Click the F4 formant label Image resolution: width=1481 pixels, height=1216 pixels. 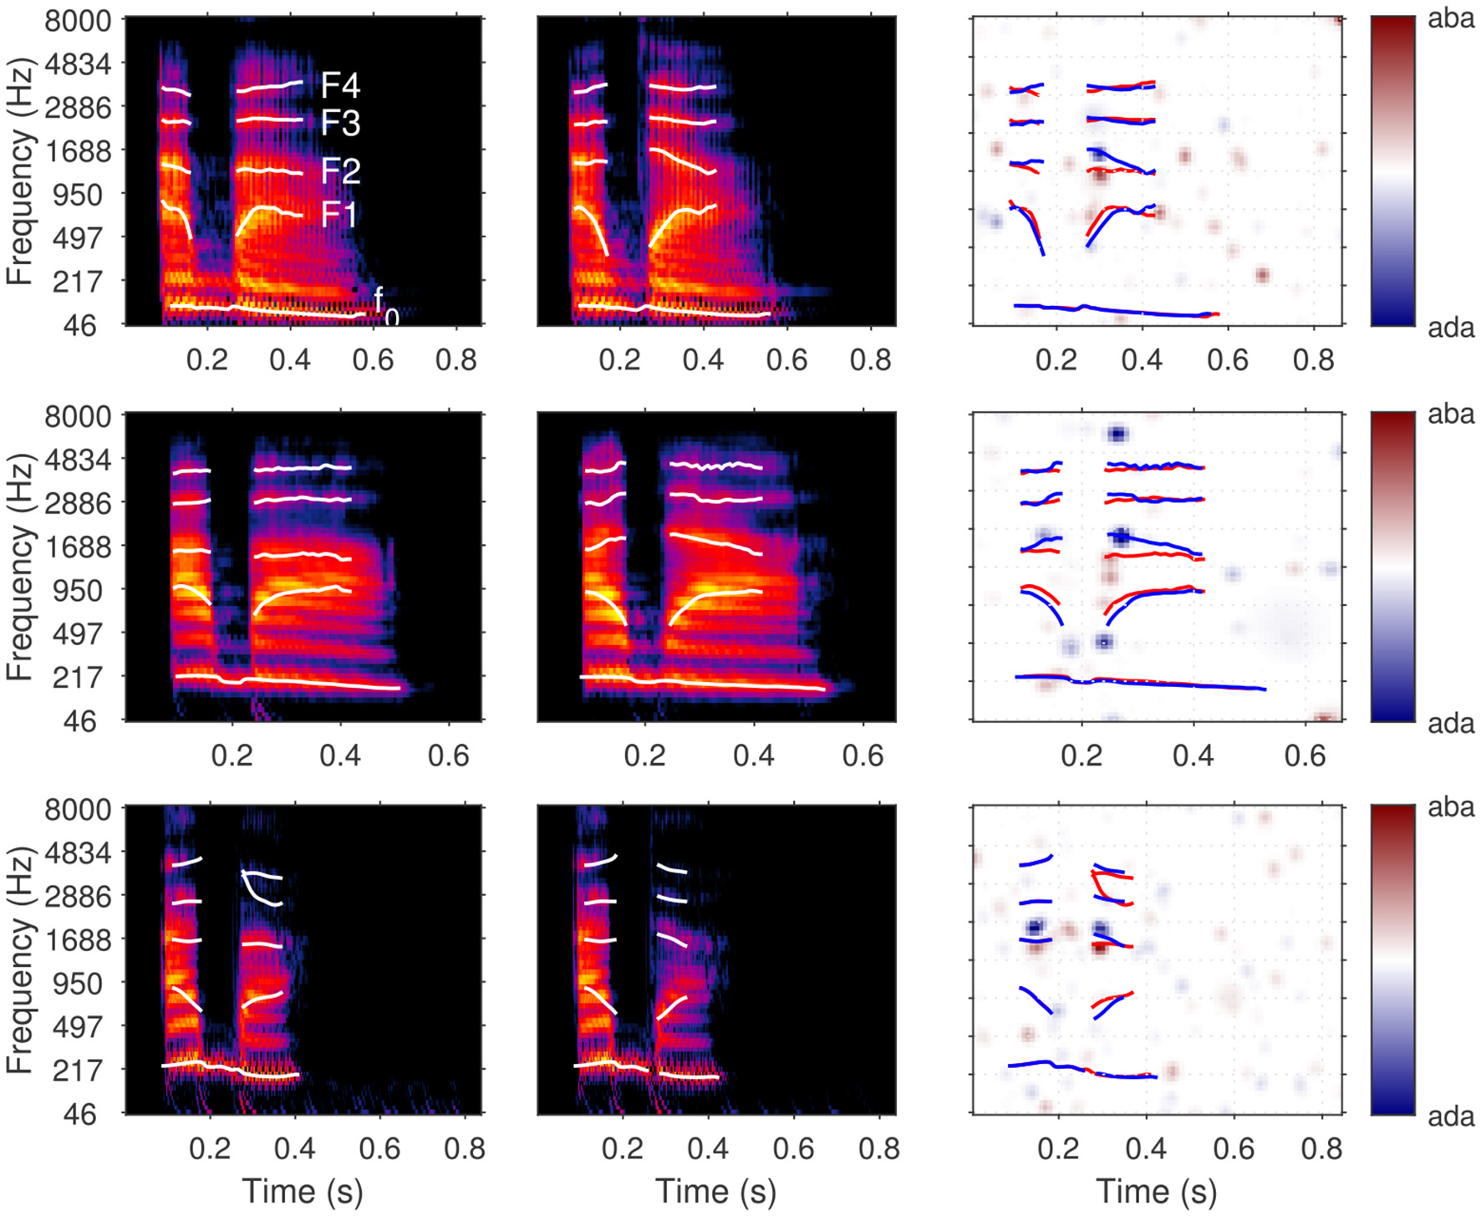click(x=340, y=84)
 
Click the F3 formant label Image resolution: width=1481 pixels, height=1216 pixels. click(x=340, y=124)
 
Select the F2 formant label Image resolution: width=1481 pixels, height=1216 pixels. click(x=340, y=171)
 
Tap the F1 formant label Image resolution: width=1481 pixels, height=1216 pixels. click(x=338, y=215)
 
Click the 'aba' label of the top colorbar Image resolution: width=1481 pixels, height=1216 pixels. click(x=1451, y=18)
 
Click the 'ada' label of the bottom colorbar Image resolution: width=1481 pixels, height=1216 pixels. click(x=1451, y=1117)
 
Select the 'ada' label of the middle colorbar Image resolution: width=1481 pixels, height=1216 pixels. click(x=1451, y=723)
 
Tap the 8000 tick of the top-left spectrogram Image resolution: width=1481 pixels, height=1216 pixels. click(x=78, y=20)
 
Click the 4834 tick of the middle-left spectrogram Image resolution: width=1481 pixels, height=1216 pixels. click(x=78, y=460)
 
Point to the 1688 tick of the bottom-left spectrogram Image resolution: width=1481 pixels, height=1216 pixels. click(x=78, y=940)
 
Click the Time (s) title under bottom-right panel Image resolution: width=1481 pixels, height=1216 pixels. click(x=1156, y=1191)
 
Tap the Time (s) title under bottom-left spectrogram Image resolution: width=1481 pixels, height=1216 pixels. click(x=303, y=1191)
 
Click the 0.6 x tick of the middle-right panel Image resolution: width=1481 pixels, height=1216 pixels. click(x=1305, y=756)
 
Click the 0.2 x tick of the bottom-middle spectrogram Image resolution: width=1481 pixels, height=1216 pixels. click(x=622, y=1148)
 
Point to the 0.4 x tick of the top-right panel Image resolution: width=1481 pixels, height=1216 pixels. click(x=1142, y=359)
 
